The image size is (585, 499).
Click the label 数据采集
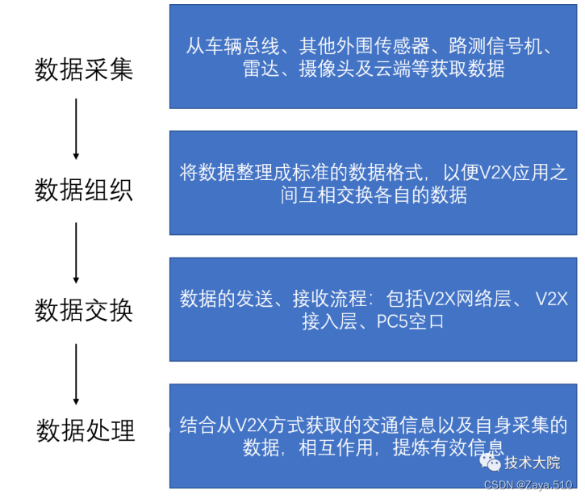click(84, 70)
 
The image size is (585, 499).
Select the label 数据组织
click(84, 191)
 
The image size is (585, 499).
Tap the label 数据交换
click(84, 310)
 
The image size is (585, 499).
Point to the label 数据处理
click(85, 430)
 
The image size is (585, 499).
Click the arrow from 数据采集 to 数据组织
click(76, 128)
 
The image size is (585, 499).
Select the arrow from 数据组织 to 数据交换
click(76, 250)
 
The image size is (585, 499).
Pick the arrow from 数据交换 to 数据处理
click(76, 372)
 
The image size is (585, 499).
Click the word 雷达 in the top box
click(260, 69)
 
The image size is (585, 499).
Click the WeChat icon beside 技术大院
click(490, 462)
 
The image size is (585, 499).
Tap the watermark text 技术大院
click(532, 463)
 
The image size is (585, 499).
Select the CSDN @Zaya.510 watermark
click(529, 484)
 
